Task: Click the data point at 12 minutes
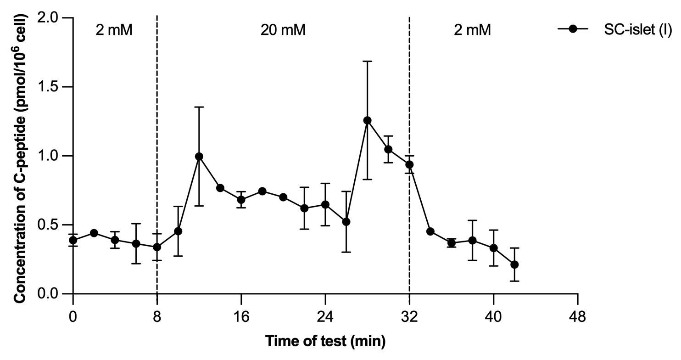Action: (x=199, y=157)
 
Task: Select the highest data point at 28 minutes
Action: (x=367, y=120)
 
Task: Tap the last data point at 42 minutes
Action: (x=514, y=264)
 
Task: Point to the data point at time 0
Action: (x=73, y=240)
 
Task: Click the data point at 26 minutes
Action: (x=346, y=222)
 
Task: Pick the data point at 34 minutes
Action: (x=430, y=231)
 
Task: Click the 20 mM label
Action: (x=283, y=31)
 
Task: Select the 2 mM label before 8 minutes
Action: (x=115, y=31)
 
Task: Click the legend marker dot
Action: (x=572, y=29)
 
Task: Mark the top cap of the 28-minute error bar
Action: (x=367, y=61)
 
